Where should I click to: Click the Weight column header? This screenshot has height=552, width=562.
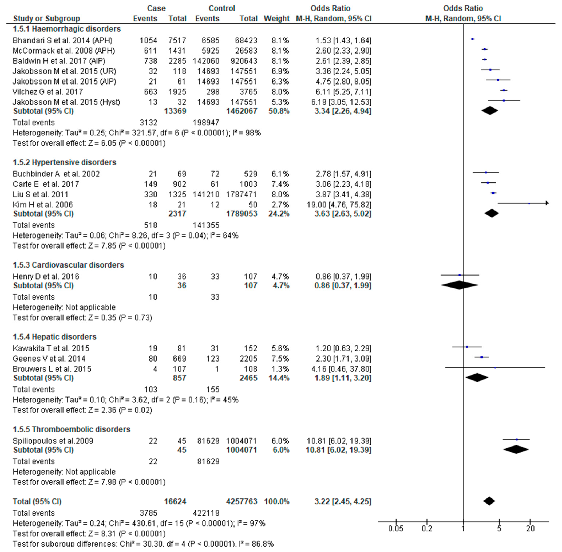(x=276, y=19)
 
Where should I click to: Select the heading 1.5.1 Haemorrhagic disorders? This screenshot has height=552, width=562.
(x=67, y=29)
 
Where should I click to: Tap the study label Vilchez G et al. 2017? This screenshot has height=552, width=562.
(x=48, y=92)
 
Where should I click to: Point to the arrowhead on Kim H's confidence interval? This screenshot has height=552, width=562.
(x=547, y=203)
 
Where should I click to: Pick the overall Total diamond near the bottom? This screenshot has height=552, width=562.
(x=489, y=501)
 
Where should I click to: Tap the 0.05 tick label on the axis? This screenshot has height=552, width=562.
(x=396, y=529)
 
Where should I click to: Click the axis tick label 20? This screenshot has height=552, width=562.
(x=530, y=529)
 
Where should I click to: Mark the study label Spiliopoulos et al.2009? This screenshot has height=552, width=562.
(x=53, y=441)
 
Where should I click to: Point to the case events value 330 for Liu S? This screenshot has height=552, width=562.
(x=151, y=195)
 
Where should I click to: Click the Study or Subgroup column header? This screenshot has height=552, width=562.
(x=47, y=19)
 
